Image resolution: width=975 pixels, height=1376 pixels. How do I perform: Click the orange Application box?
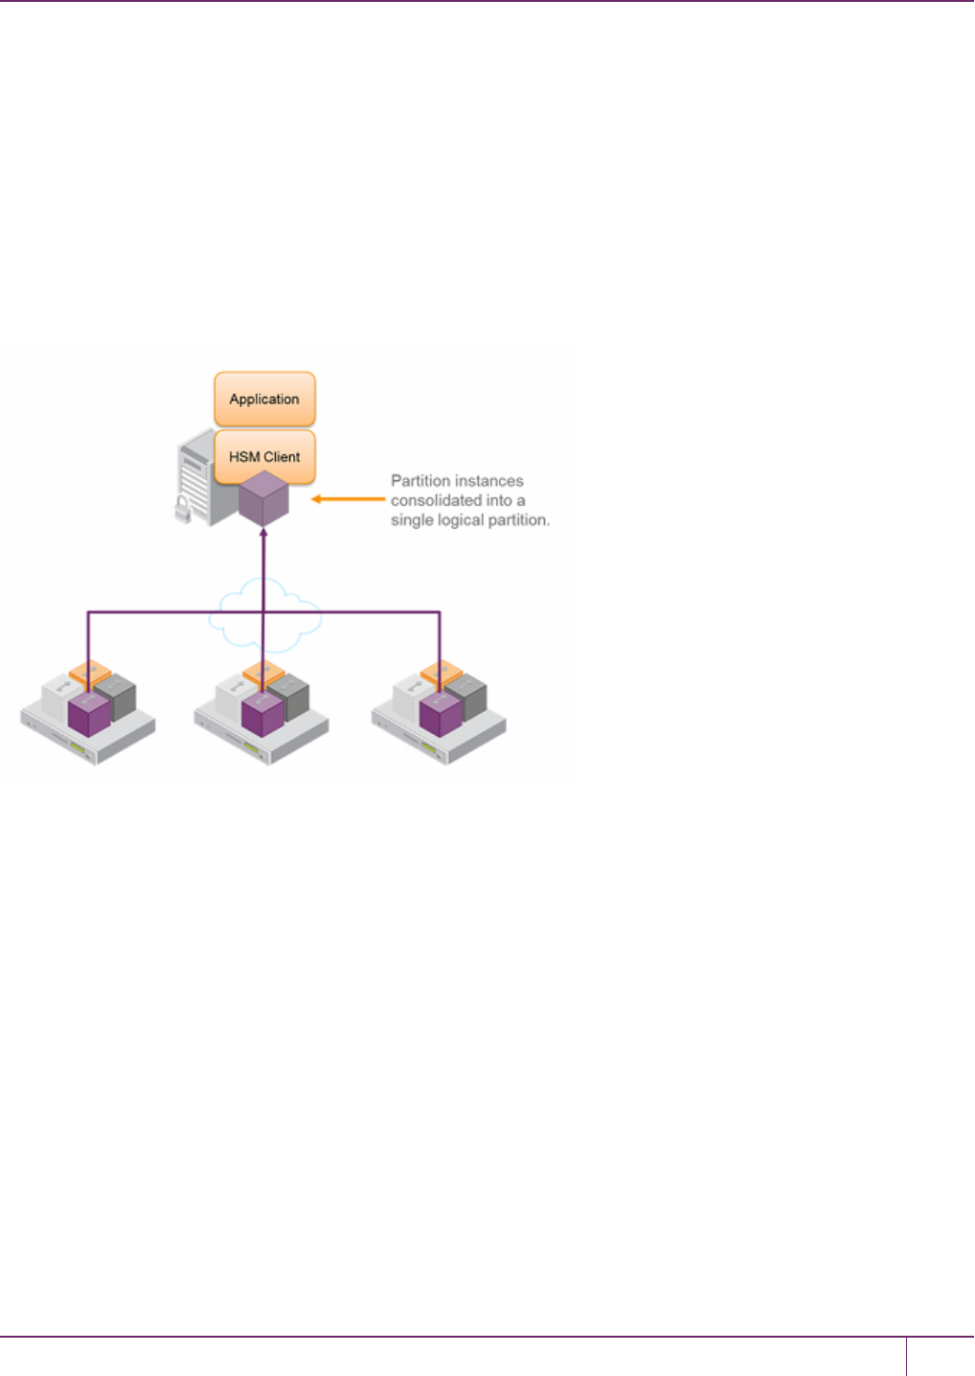pyautogui.click(x=264, y=399)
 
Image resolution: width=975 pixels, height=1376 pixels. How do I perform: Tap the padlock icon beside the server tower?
pyautogui.click(x=182, y=509)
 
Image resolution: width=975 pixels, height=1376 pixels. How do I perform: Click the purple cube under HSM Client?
pyautogui.click(x=263, y=498)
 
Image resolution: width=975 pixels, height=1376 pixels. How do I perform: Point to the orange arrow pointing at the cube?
pyautogui.click(x=348, y=499)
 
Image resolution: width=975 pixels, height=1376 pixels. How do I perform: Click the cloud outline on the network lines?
pyautogui.click(x=265, y=613)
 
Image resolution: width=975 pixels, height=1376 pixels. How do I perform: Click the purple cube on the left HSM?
pyautogui.click(x=89, y=714)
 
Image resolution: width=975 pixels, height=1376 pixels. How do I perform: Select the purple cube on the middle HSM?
pyautogui.click(x=262, y=714)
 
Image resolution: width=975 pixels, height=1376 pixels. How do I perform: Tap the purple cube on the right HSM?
pyautogui.click(x=441, y=714)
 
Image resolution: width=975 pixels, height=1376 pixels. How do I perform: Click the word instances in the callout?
pyautogui.click(x=492, y=481)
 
